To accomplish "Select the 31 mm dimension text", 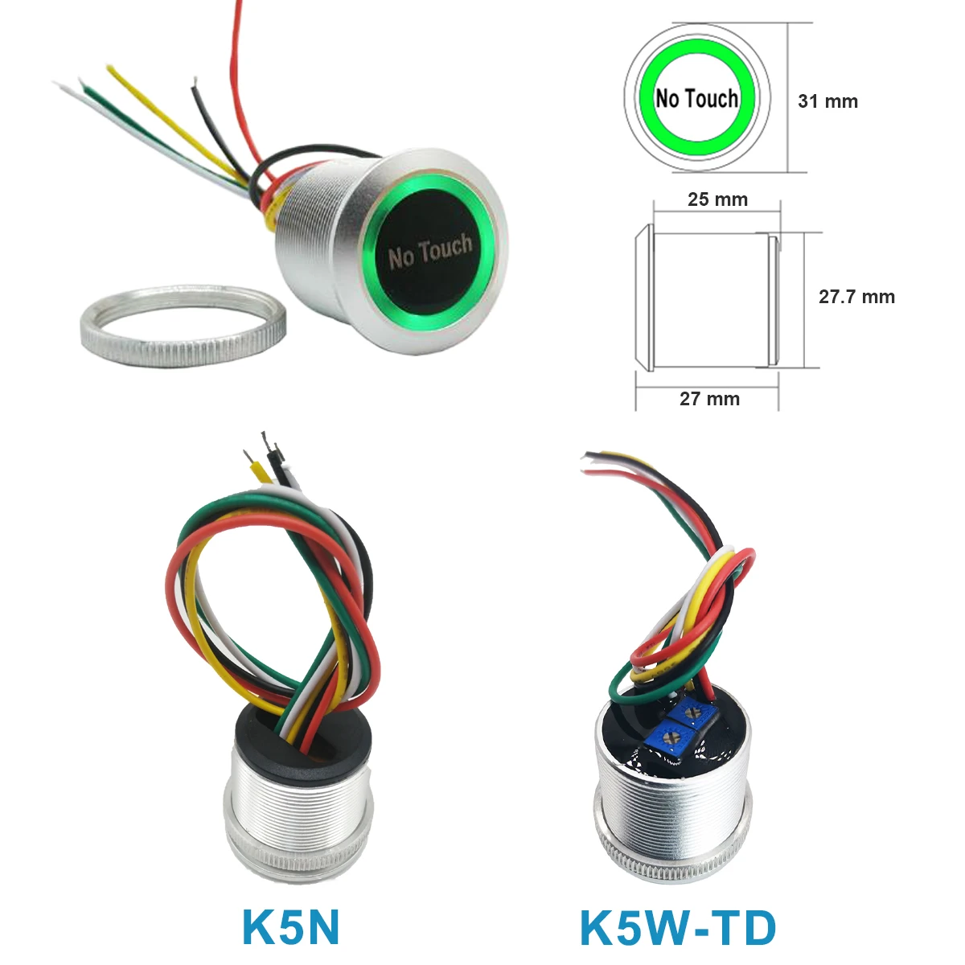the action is click(827, 101).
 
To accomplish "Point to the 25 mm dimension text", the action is click(717, 199).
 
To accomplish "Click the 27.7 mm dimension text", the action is click(856, 297).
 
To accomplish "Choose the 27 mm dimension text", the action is click(709, 399).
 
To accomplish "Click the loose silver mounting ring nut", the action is click(183, 326).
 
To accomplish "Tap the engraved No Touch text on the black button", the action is click(431, 250).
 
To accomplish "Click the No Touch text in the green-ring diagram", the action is click(697, 98).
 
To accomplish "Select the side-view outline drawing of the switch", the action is click(707, 299).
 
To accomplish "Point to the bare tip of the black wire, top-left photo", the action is click(194, 83).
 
